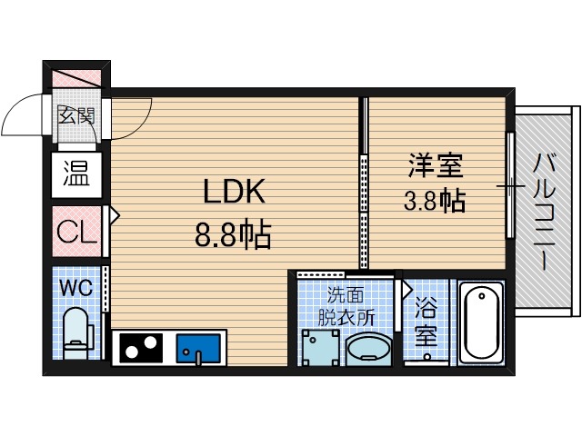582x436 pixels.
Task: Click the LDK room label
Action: pos(233,192)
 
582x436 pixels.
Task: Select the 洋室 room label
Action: pos(435,165)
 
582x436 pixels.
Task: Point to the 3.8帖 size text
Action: pos(435,201)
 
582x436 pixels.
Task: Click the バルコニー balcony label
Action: pos(545,211)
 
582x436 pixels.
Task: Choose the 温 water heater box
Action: pos(75,173)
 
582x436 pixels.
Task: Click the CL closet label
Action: pos(76,233)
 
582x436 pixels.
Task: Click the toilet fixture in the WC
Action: pos(75,332)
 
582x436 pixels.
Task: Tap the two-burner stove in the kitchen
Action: pos(140,347)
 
